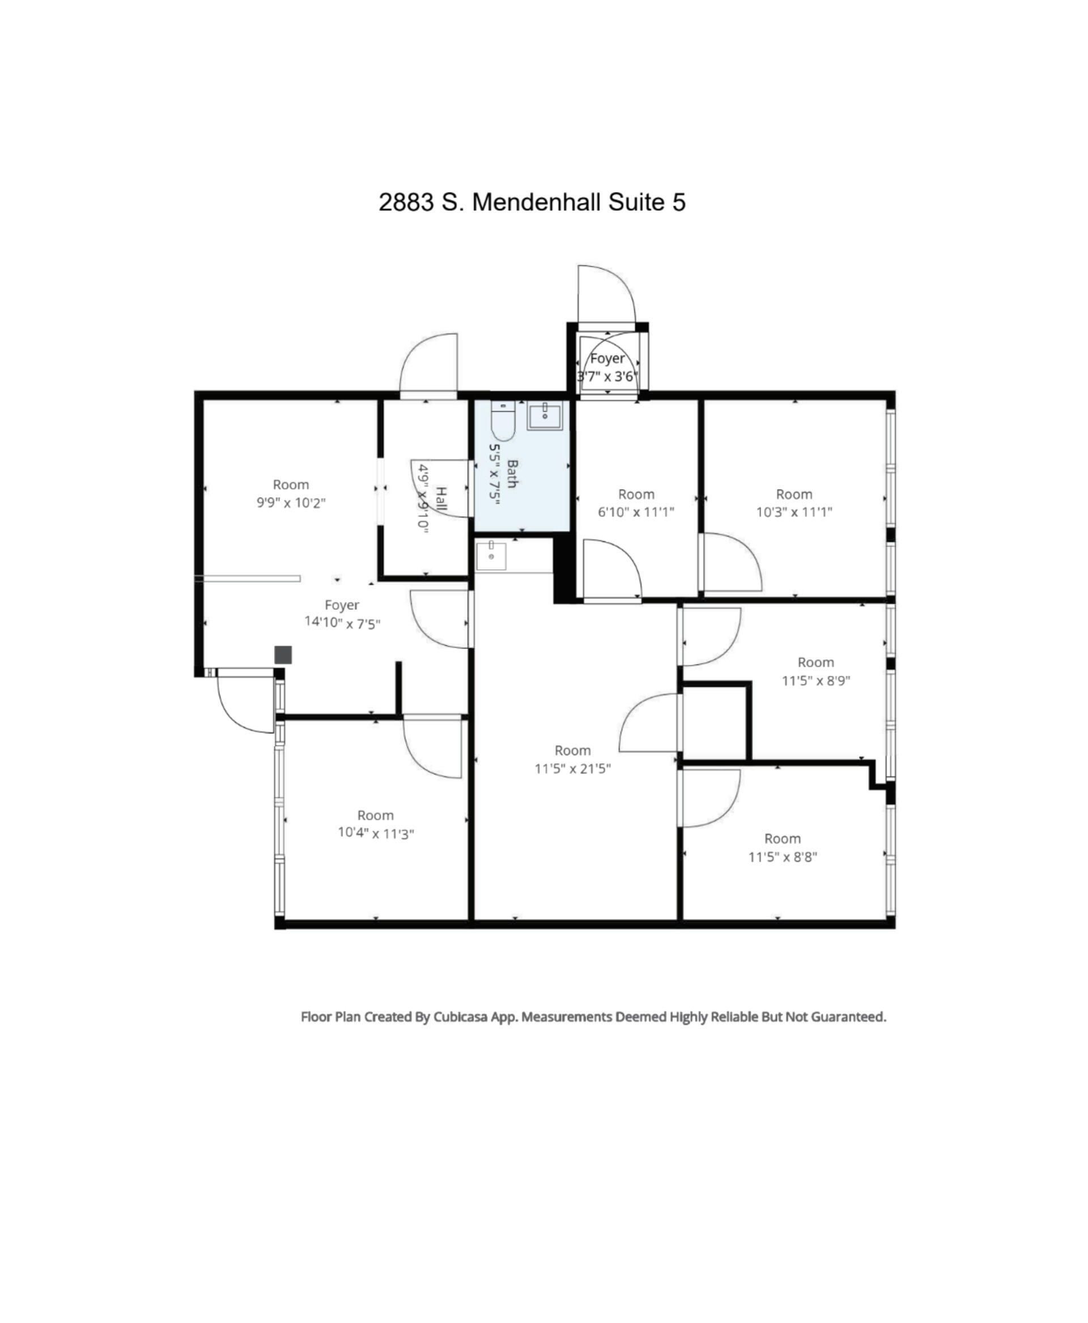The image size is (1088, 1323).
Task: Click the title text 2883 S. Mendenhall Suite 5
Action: click(x=532, y=202)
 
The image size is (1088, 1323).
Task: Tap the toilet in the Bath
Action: click(x=503, y=420)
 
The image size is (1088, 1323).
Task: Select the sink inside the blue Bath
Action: click(x=544, y=415)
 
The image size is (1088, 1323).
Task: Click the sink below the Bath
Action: click(x=491, y=556)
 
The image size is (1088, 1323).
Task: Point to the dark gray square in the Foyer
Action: click(x=283, y=654)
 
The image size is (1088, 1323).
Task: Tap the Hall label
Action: click(x=441, y=498)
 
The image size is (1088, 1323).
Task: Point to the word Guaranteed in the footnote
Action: click(x=849, y=1016)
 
